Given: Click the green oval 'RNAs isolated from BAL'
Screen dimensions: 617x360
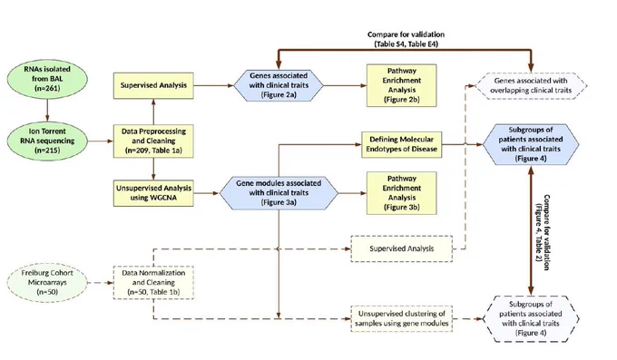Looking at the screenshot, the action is [x=47, y=78].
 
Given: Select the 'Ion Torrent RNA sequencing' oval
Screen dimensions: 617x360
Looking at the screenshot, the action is [x=47, y=141].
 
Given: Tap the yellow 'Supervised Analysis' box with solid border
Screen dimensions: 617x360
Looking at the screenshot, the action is [x=153, y=85].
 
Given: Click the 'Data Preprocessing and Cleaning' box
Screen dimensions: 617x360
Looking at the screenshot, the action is [x=153, y=141].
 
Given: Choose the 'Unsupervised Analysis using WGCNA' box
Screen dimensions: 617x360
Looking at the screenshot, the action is [x=153, y=193].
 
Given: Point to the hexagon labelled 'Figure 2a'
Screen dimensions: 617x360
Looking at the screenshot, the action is [x=279, y=85].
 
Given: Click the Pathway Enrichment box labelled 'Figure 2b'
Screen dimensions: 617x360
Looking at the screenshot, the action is [x=401, y=85].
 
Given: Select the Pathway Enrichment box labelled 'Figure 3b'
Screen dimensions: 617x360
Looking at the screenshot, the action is [x=401, y=193].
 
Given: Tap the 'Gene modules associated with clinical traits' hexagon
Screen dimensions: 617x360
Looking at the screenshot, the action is [x=279, y=193].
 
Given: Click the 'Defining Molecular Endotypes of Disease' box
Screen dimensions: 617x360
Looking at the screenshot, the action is [x=401, y=144].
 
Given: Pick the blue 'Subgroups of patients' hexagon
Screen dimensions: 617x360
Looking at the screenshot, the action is [x=531, y=144].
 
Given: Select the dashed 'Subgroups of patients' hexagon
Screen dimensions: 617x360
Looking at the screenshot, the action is [x=531, y=318].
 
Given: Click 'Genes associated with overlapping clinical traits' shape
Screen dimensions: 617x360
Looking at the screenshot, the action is [x=531, y=85].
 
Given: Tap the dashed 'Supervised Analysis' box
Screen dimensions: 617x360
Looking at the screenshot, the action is [x=401, y=248].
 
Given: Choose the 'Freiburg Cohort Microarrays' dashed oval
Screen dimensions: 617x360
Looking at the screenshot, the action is [x=47, y=283].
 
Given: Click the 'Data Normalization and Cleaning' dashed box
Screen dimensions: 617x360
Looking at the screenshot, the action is [x=153, y=283].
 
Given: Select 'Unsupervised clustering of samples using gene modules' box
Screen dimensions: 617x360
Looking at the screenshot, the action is [x=401, y=318].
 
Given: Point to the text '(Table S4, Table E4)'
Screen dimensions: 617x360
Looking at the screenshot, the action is [x=406, y=44].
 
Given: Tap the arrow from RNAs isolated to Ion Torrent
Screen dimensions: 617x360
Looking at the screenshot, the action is [x=47, y=110].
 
